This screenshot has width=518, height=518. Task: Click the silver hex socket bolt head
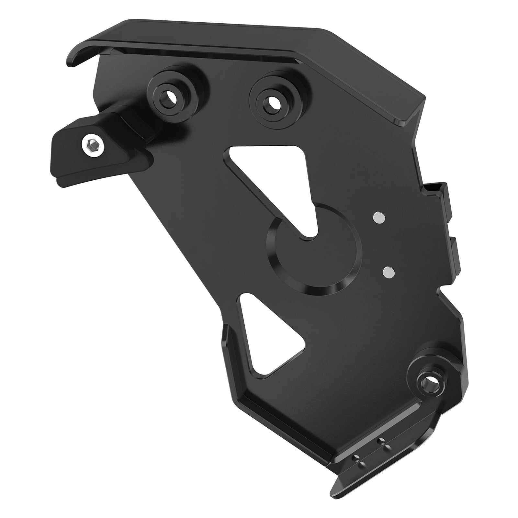tap(93, 143)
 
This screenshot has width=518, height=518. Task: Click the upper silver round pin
tap(379, 218)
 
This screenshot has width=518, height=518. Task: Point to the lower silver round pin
tap(388, 273)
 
